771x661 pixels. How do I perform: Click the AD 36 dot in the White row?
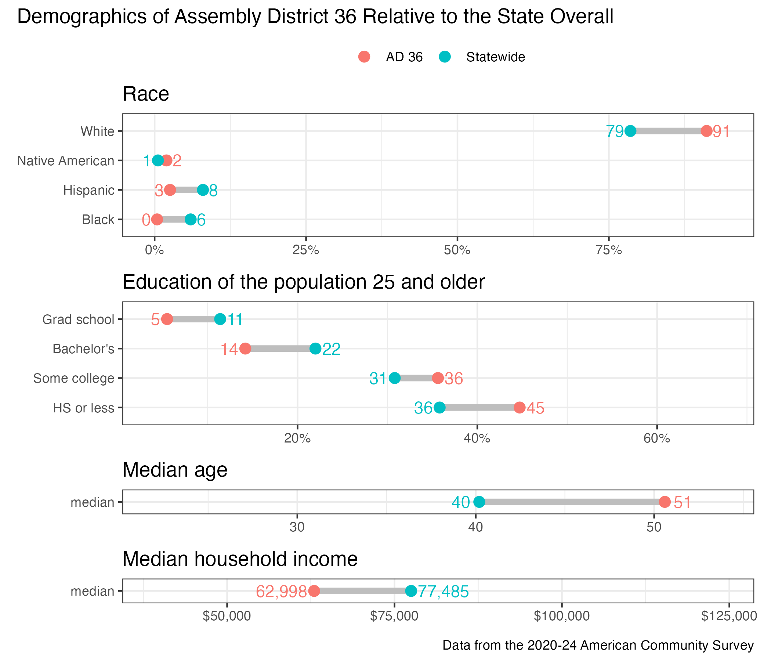[x=706, y=131]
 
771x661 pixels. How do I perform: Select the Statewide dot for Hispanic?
[x=203, y=190]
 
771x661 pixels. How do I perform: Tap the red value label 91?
[x=721, y=132]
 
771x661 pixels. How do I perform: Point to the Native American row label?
[x=66, y=161]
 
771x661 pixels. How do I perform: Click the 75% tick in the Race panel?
[x=608, y=250]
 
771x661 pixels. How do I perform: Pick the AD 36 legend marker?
[x=364, y=57]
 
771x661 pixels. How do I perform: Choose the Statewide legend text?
[x=495, y=57]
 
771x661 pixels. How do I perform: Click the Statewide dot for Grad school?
[x=220, y=319]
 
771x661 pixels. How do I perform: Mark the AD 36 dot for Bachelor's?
[x=245, y=349]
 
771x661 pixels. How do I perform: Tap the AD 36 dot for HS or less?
[x=520, y=408]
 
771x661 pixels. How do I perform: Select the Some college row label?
[x=74, y=378]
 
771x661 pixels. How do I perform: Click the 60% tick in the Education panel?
[x=657, y=438]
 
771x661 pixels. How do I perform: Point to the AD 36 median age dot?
[x=665, y=502]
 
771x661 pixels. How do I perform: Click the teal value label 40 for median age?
[x=461, y=502]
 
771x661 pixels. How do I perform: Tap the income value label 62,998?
[x=281, y=591]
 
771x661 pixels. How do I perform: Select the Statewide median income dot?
[x=411, y=590]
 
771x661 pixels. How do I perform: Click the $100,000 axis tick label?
[x=561, y=616]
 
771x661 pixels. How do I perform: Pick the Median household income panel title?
[x=240, y=559]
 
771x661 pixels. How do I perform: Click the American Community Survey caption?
[x=598, y=645]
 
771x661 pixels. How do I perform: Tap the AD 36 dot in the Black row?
[x=157, y=220]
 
